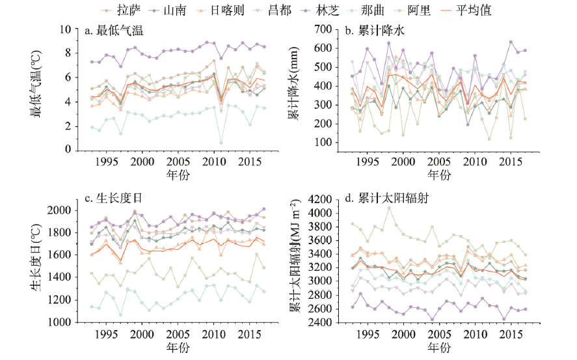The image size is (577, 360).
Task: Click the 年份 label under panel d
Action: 440,348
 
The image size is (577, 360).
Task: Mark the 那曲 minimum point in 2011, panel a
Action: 221,143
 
